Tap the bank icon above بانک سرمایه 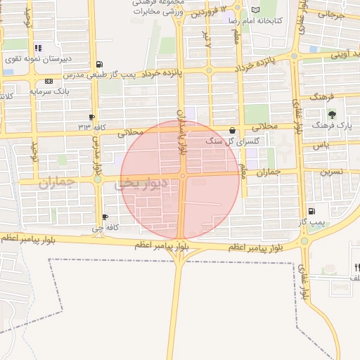click(x=49, y=82)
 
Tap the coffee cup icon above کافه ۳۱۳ click(x=92, y=117)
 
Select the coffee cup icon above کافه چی click(x=105, y=217)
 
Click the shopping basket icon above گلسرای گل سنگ click(x=233, y=130)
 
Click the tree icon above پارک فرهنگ click(x=332, y=114)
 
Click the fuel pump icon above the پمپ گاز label click(x=311, y=211)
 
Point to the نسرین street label click(x=332, y=172)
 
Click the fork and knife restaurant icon click(x=357, y=266)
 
